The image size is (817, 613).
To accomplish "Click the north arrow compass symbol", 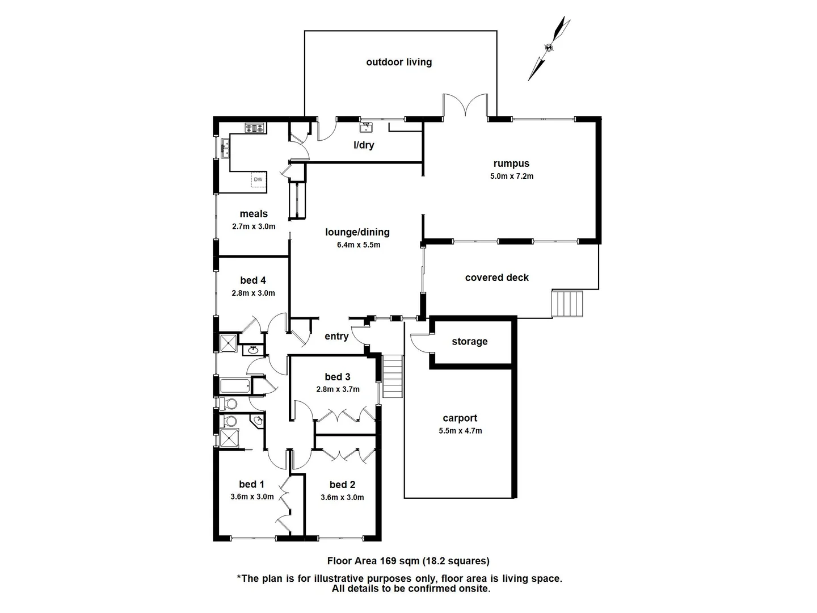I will click(x=549, y=48).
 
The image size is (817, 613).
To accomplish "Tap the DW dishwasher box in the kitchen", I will click(x=258, y=179).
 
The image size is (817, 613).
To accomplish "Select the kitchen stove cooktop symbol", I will click(x=255, y=128).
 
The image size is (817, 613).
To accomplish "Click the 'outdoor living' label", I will click(x=399, y=62).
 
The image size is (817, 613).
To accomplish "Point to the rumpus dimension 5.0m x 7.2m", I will click(x=512, y=176).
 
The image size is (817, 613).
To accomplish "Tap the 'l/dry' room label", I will click(x=364, y=145).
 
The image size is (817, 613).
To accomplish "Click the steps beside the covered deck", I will click(x=568, y=304).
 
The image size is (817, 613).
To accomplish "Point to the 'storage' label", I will click(x=469, y=341).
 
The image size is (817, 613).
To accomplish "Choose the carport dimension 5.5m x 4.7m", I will click(x=460, y=431).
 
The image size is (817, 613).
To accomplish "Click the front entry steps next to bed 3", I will click(x=393, y=376).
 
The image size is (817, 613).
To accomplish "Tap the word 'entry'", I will click(x=336, y=336).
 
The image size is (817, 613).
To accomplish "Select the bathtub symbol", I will click(x=234, y=387).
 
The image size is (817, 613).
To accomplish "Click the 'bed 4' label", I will click(x=253, y=280).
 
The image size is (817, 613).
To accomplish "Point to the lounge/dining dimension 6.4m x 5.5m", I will click(x=358, y=245).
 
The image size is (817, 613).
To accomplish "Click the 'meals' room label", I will click(x=254, y=213).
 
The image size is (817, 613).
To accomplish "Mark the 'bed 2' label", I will click(x=342, y=484).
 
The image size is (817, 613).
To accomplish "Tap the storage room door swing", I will click(x=420, y=342).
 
